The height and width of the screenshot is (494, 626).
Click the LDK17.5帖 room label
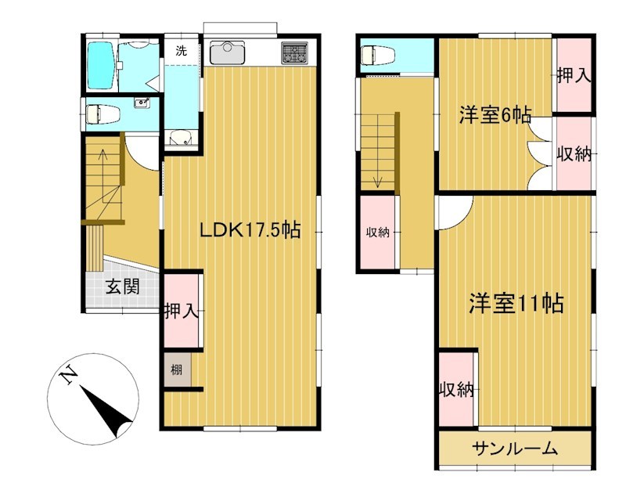(x=250, y=230)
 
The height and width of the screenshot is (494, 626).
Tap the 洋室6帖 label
(x=495, y=115)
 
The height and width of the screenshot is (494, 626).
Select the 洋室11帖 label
(x=516, y=304)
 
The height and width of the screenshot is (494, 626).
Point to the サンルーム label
(x=515, y=449)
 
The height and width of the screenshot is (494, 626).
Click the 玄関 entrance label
(x=123, y=287)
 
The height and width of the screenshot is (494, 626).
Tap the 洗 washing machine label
(x=182, y=51)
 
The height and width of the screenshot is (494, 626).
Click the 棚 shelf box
(x=178, y=370)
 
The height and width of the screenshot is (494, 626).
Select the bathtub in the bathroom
(x=101, y=66)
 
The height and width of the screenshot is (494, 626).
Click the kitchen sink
(x=227, y=52)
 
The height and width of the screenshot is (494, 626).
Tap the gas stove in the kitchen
(x=295, y=52)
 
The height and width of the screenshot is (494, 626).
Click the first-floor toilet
(x=103, y=114)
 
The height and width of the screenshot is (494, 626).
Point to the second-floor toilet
(x=377, y=55)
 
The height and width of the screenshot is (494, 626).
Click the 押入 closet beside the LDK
(x=182, y=310)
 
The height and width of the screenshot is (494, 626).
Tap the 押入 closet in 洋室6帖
(x=574, y=75)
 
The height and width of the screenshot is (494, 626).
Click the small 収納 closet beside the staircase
(x=378, y=232)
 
